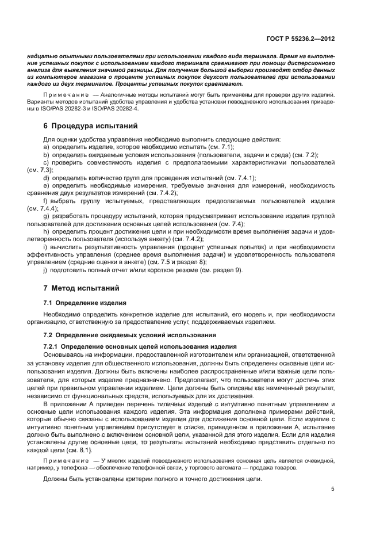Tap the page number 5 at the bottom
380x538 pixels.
pyautogui.click(x=332, y=489)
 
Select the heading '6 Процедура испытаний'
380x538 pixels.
pyautogui.click(x=87, y=125)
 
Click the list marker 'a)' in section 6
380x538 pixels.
pyautogui.click(x=46, y=147)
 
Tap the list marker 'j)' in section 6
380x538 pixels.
pyautogui.click(x=45, y=270)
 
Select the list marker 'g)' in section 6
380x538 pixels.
pyautogui.click(x=46, y=216)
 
